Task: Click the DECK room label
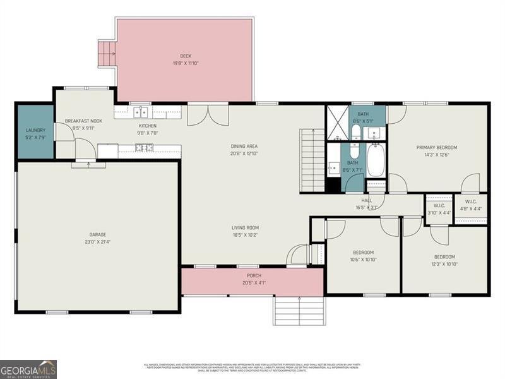coord(186,56)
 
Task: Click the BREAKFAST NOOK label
coord(83,121)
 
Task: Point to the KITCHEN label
coord(148,126)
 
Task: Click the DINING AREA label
coord(244,146)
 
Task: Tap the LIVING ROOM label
coord(244,228)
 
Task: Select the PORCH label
coord(253,275)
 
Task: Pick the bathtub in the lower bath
coord(375,162)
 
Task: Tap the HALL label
coord(367,200)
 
